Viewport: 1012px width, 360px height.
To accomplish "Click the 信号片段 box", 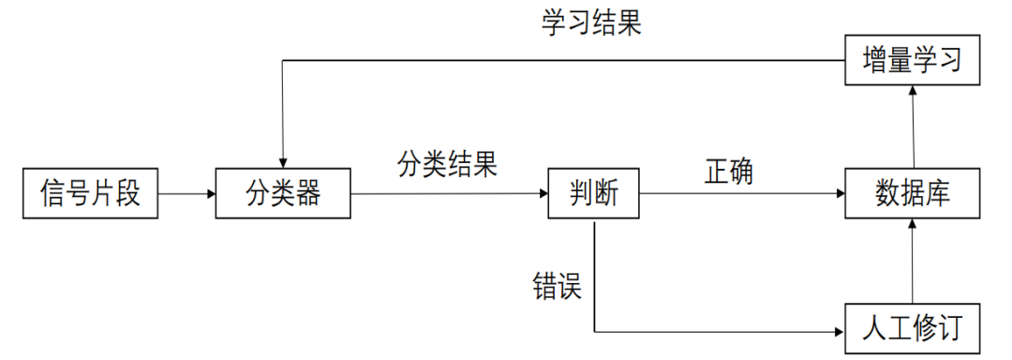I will (x=89, y=194).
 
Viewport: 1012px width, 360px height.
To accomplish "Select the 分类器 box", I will (x=283, y=194).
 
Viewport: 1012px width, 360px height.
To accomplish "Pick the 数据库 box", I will (x=913, y=194).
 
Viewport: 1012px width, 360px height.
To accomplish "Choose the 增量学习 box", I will (x=913, y=61).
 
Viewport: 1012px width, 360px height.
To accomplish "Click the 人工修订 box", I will (x=913, y=329).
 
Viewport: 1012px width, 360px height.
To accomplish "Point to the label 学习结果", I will (x=591, y=23).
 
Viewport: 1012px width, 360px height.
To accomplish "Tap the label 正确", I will (x=729, y=172).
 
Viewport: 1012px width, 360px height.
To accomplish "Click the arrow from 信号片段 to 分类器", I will (x=186, y=194).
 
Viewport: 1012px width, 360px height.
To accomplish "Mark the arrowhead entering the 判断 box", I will (x=543, y=194).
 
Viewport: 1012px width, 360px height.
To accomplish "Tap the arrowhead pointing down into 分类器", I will (x=283, y=163).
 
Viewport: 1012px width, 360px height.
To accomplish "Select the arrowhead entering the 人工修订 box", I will (x=839, y=331).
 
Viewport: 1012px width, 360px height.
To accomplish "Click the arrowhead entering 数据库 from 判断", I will (x=839, y=194).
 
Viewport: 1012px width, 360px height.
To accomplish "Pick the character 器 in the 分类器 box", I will (x=308, y=194).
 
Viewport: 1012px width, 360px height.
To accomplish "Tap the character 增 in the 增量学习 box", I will (x=875, y=61).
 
